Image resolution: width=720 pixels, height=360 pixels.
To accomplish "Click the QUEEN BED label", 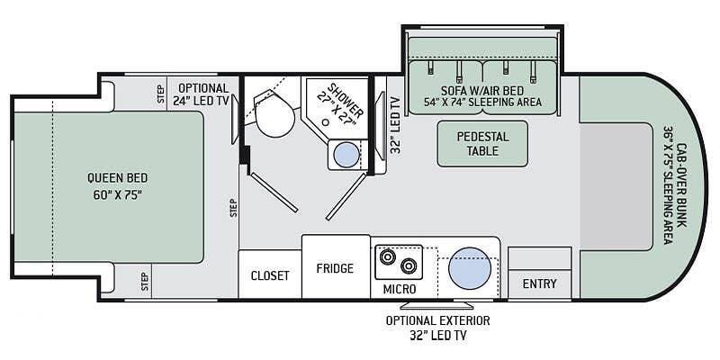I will coord(117,177).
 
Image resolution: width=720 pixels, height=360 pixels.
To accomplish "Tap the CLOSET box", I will coord(269,275).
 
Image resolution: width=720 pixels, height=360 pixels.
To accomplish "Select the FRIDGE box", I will coord(335,268).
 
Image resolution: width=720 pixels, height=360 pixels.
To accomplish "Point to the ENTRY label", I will coord(540,284).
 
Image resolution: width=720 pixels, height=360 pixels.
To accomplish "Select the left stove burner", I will coord(388,258).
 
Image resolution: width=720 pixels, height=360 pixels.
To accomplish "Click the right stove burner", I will coord(409,266).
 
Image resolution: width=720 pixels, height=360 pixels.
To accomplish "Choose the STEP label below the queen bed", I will coord(144,281).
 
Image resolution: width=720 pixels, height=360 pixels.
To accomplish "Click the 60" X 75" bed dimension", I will coord(117,194).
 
